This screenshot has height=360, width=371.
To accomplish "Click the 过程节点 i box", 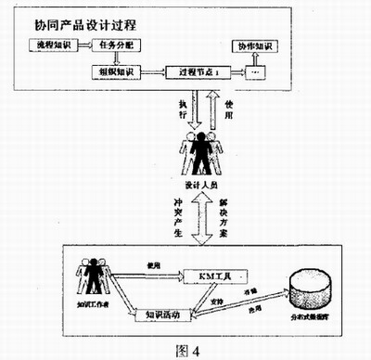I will (198, 71).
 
